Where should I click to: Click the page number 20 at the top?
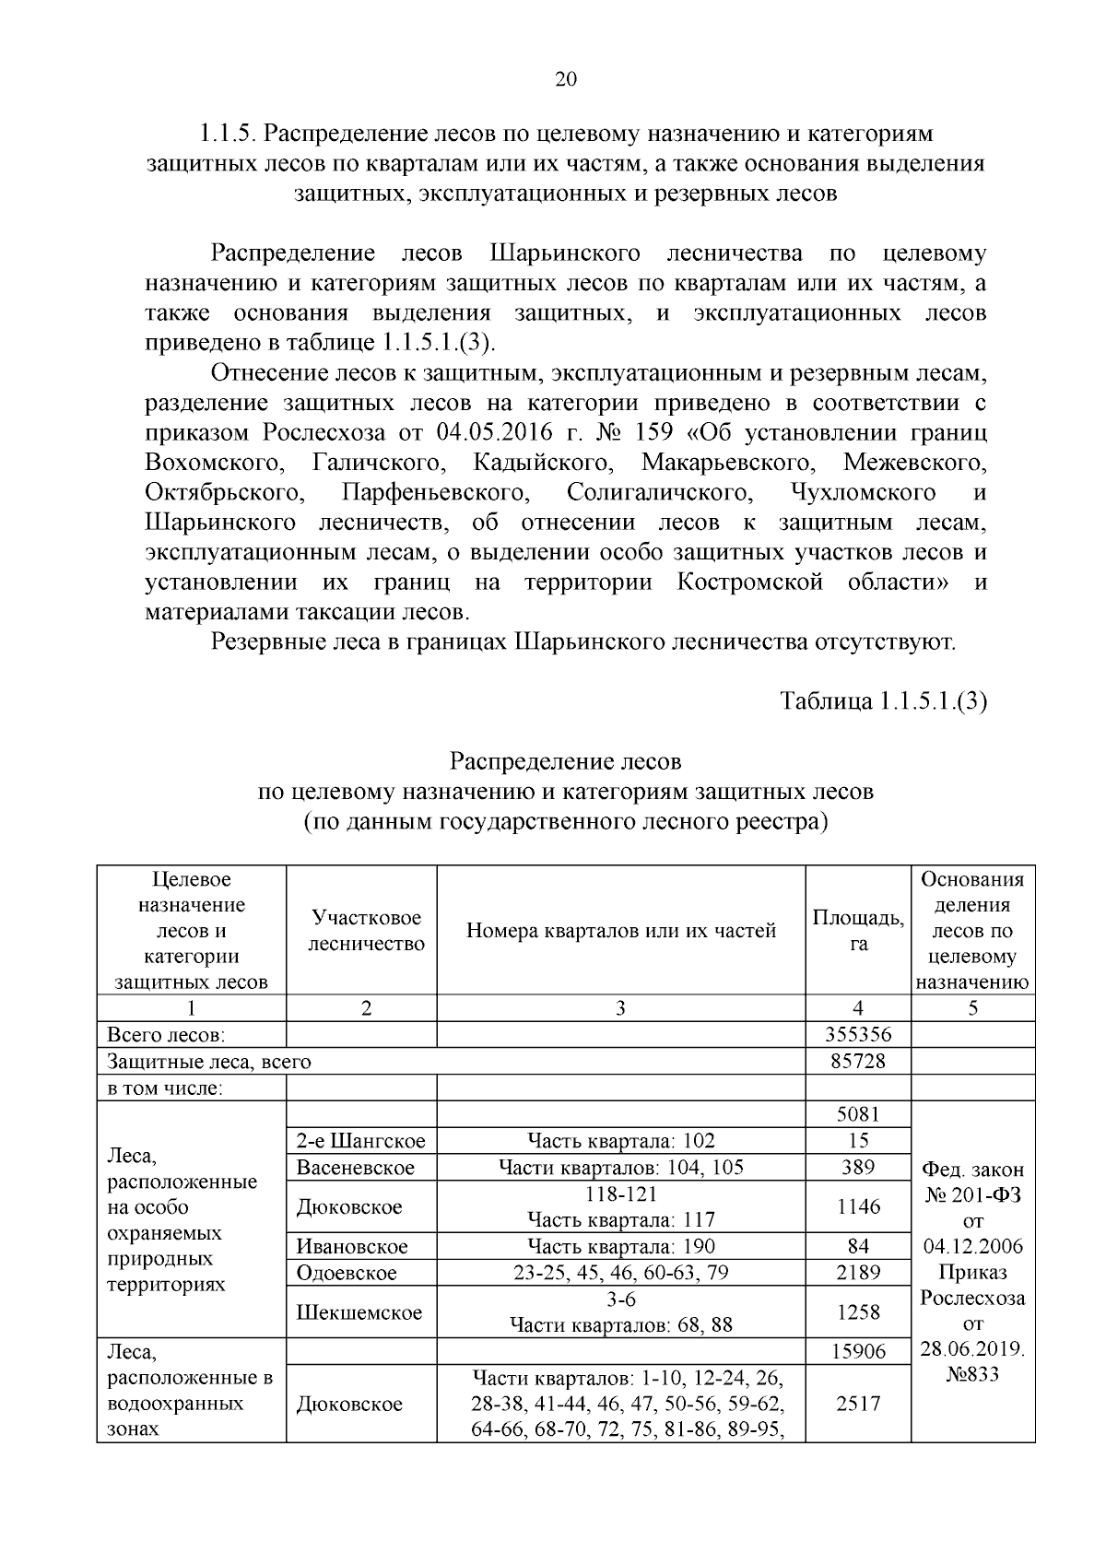[x=565, y=79]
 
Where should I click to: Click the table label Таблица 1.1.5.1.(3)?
[x=883, y=701]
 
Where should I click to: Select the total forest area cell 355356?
[x=858, y=1034]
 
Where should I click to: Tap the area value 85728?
[x=858, y=1061]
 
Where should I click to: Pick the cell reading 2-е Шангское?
[x=361, y=1141]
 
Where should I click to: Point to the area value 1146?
[x=858, y=1206]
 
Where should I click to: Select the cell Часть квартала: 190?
[x=620, y=1246]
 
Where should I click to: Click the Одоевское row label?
[x=347, y=1273]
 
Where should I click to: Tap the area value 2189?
[x=858, y=1273]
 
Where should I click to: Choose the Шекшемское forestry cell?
[x=359, y=1312]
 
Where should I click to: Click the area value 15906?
[x=858, y=1351]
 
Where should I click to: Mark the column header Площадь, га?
[x=858, y=930]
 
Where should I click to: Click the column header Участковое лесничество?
[x=366, y=930]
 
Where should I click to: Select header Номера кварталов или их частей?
[x=620, y=930]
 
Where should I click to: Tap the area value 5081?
[x=858, y=1114]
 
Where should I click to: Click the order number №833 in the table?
[x=972, y=1375]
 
